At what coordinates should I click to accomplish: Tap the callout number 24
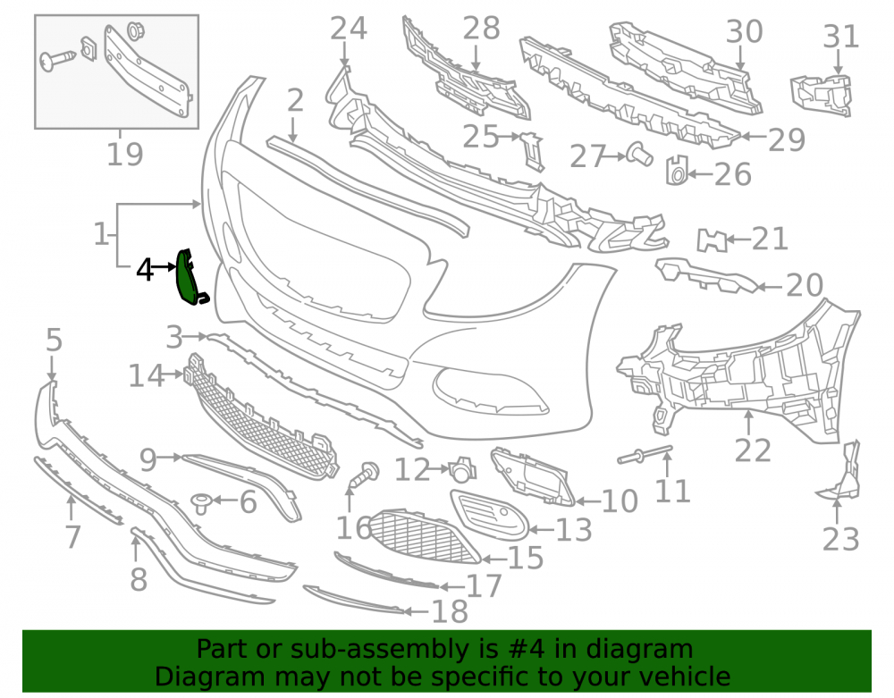349,29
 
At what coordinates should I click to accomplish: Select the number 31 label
841,37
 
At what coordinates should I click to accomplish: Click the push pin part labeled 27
640,154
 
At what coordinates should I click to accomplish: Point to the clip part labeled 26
677,171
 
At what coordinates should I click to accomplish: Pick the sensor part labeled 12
462,468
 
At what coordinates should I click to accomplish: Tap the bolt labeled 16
363,475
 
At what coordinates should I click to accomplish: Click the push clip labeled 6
201,503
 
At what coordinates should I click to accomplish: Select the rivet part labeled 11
645,453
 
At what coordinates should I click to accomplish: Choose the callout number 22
753,450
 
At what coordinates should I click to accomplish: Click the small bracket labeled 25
532,150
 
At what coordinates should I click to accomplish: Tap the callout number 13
573,529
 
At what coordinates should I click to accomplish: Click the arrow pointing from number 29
753,137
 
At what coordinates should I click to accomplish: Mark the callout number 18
450,611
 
